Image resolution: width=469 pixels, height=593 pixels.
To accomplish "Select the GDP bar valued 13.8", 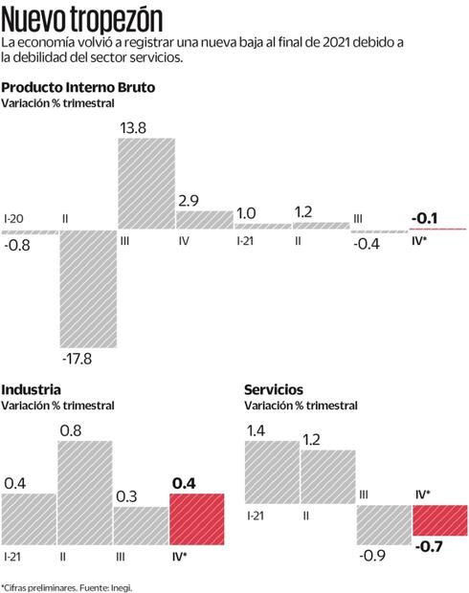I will (145, 184).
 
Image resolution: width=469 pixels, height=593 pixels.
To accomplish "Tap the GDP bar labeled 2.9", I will (204, 220).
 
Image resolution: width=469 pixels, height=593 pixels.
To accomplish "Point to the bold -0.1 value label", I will (424, 219).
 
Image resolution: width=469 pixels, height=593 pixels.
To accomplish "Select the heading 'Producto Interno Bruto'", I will (78, 87).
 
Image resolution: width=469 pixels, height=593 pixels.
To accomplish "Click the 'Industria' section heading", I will (32, 389).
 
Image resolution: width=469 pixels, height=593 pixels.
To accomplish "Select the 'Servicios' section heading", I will (274, 389).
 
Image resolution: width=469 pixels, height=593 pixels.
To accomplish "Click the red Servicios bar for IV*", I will (440, 519).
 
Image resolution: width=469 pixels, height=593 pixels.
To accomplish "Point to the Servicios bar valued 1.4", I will (272, 472).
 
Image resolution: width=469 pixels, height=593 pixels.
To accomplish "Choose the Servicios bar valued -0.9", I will (384, 524).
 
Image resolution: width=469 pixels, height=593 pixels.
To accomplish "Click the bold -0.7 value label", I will (429, 547).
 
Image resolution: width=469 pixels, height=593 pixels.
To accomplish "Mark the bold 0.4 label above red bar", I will (184, 483).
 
